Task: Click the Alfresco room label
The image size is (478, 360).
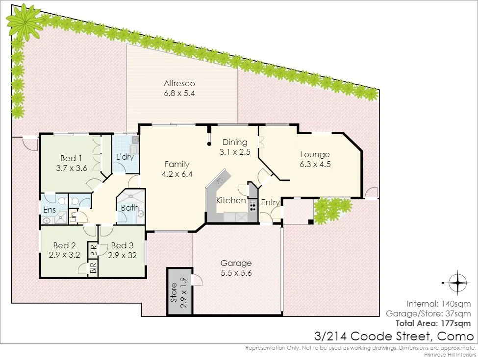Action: pyautogui.click(x=179, y=83)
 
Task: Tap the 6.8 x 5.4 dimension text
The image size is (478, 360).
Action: pyautogui.click(x=179, y=93)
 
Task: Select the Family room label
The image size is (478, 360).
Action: pyautogui.click(x=177, y=164)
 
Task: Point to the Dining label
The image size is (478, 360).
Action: pyautogui.click(x=235, y=142)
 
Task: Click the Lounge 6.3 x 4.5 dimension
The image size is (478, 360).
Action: pyautogui.click(x=315, y=164)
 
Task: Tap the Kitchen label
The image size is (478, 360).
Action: pyautogui.click(x=231, y=200)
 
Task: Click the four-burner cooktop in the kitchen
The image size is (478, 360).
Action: pyautogui.click(x=252, y=207)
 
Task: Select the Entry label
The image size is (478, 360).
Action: pyautogui.click(x=271, y=203)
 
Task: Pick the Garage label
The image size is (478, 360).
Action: pyautogui.click(x=236, y=263)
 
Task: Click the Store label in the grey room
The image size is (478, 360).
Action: pyautogui.click(x=174, y=292)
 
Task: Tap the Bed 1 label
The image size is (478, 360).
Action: pyautogui.click(x=71, y=158)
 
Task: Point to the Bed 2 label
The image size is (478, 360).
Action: pyautogui.click(x=64, y=245)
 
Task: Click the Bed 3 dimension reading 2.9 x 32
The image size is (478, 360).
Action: pyautogui.click(x=122, y=255)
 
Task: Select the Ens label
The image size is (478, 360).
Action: pyautogui.click(x=50, y=210)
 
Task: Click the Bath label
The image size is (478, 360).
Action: pyautogui.click(x=129, y=208)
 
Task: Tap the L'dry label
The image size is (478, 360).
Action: pyautogui.click(x=125, y=157)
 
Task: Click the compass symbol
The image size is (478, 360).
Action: pyautogui.click(x=457, y=283)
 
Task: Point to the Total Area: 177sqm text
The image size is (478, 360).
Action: pyautogui.click(x=433, y=323)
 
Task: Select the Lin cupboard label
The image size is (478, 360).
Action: pyautogui.click(x=73, y=216)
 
